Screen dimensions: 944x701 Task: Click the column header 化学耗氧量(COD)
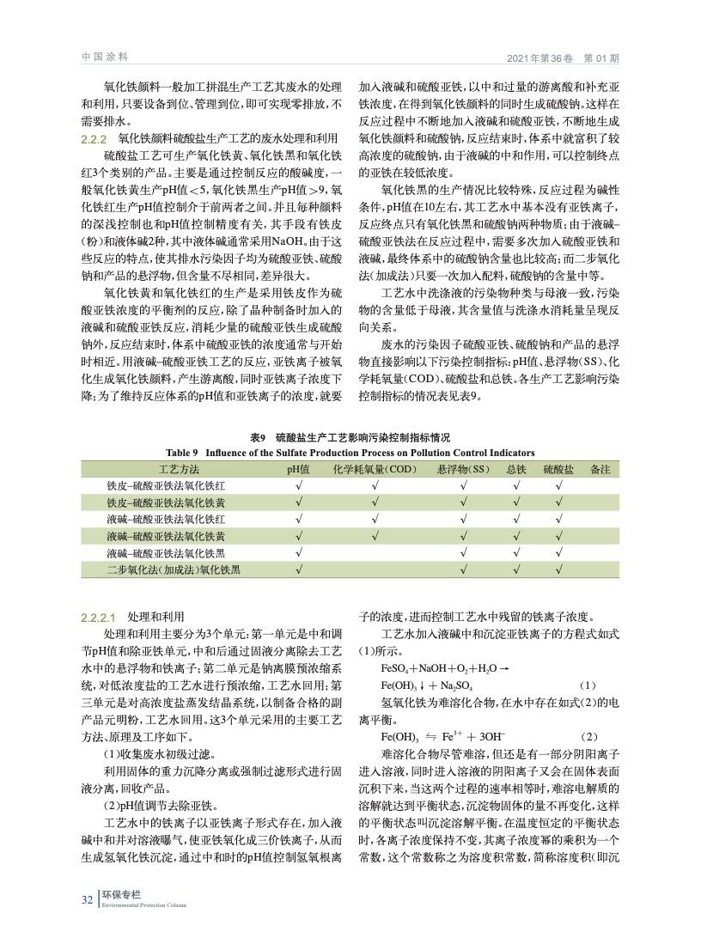tap(375, 469)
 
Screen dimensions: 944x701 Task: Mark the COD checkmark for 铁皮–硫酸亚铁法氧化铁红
tap(375, 485)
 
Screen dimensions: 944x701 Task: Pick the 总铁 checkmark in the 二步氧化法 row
tap(515, 568)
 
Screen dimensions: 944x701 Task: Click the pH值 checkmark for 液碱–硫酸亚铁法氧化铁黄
tap(298, 535)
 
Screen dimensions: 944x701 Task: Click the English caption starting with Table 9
tap(350, 452)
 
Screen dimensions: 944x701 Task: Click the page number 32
tap(87, 899)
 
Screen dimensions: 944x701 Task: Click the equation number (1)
tap(588, 685)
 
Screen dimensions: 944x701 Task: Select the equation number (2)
tap(588, 737)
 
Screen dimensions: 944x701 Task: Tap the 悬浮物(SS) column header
tap(462, 469)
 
